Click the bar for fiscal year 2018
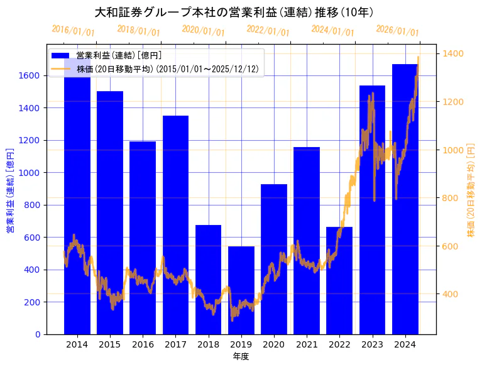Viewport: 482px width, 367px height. tap(209, 280)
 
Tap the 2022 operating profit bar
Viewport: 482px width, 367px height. tap(339, 280)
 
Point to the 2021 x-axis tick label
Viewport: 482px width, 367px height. tap(307, 344)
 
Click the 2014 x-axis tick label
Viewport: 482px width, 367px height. tap(77, 344)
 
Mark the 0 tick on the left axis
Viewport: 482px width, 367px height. tap(38, 334)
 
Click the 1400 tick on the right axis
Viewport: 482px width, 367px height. tap(453, 53)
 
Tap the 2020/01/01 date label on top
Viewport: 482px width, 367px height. tap(203, 30)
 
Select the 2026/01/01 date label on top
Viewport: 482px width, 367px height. tap(397, 30)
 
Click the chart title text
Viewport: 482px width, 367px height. tap(234, 13)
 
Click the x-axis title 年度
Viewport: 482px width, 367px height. tap(241, 356)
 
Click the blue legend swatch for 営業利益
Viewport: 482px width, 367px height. tap(62, 56)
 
